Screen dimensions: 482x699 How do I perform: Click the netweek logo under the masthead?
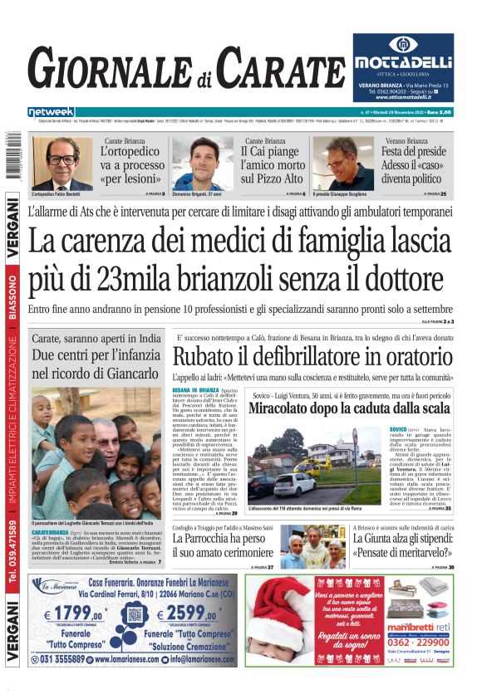point(51,112)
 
